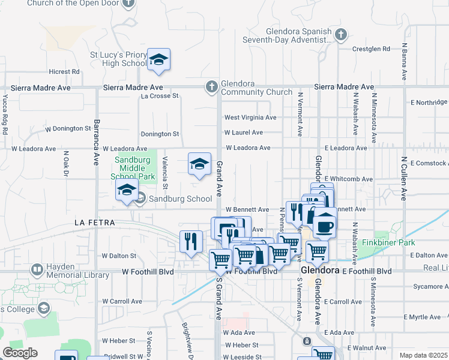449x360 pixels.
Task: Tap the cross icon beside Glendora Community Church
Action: pyautogui.click(x=211, y=88)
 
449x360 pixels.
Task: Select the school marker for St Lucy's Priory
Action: pyautogui.click(x=158, y=60)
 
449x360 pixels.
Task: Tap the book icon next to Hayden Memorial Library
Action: pyautogui.click(x=37, y=271)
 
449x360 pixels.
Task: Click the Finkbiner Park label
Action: pyautogui.click(x=394, y=243)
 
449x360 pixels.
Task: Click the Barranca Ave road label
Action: pyautogui.click(x=95, y=142)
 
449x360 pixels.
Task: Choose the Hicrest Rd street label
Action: pyautogui.click(x=65, y=71)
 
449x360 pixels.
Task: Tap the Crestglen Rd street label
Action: pyautogui.click(x=371, y=49)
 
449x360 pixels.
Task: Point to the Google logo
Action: pyautogui.click(x=19, y=353)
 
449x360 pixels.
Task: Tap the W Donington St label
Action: pyautogui.click(x=68, y=128)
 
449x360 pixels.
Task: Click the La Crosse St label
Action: pyautogui.click(x=160, y=95)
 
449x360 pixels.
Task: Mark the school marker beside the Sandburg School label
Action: pyautogui.click(x=127, y=192)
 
